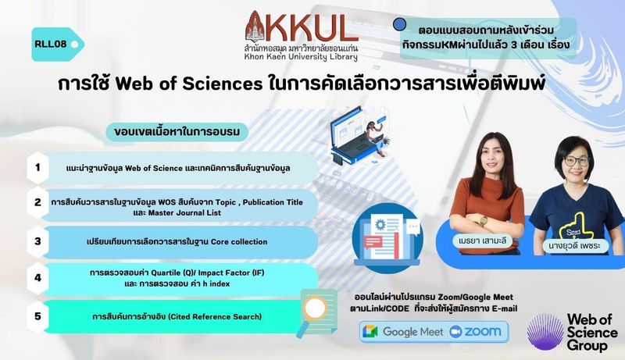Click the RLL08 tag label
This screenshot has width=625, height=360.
57,45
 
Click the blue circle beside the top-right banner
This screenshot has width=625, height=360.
399,25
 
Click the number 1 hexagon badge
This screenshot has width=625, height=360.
37,168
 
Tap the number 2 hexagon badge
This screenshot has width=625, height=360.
37,203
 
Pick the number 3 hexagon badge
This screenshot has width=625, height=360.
37,241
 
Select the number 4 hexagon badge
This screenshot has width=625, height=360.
37,277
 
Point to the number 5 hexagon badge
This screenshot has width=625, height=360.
37,316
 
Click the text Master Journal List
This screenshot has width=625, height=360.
184,213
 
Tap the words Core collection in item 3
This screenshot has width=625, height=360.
239,242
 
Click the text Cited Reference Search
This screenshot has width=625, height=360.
215,317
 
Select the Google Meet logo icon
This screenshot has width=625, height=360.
370,332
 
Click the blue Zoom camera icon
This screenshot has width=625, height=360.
455,332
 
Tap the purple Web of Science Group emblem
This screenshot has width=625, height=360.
545,332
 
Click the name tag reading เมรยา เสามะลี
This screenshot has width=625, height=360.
482,241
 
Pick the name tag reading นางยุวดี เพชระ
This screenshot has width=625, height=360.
577,246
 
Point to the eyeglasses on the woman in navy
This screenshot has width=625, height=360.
577,162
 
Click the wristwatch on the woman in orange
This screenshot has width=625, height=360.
484,220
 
